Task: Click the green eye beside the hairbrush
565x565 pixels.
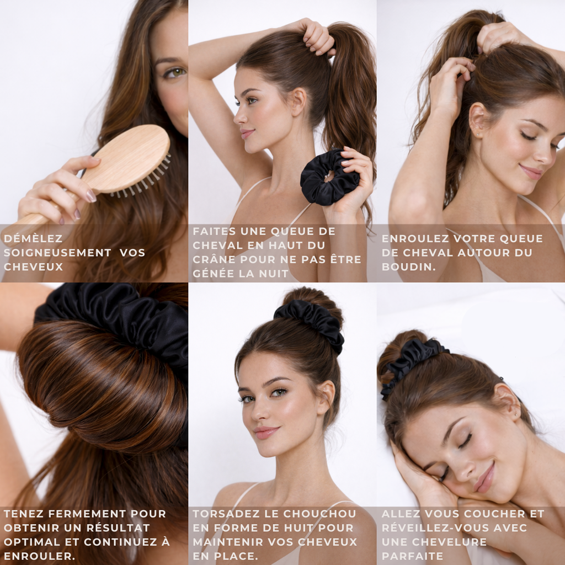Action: pos(174,72)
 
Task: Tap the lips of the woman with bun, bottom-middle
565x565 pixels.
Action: pos(266,432)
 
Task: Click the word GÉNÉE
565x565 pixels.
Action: pos(219,274)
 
